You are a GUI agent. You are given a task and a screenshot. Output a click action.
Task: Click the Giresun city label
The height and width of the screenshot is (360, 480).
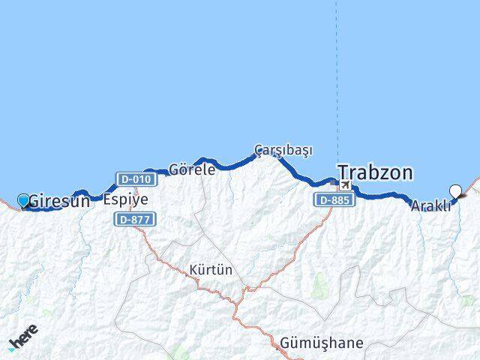tap(60, 201)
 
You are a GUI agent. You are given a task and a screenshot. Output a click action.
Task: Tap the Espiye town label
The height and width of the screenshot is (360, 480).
tap(125, 200)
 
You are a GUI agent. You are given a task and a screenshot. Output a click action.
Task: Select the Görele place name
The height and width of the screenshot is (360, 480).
tap(192, 169)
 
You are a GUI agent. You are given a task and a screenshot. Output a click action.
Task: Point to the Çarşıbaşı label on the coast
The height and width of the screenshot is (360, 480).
tap(283, 149)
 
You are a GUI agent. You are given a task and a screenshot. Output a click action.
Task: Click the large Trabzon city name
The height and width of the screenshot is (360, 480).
tap(375, 172)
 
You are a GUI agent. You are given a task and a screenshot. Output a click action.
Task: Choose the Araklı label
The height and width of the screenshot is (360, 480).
tap(430, 206)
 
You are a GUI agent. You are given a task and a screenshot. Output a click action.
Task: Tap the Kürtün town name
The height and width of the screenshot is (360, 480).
tap(211, 269)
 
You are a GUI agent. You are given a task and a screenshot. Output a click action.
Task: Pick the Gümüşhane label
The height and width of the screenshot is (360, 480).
tap(321, 343)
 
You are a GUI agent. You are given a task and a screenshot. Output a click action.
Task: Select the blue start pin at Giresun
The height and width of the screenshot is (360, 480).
tap(23, 199)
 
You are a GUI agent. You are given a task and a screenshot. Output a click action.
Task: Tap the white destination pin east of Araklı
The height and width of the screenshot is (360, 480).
tap(454, 191)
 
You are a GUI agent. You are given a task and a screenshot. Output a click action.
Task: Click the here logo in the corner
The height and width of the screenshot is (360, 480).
tap(22, 338)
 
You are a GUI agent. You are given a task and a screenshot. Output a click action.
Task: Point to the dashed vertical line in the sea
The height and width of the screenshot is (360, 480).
tap(337, 75)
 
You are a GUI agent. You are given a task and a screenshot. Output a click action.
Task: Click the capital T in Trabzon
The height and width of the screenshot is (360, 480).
tap(344, 172)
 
